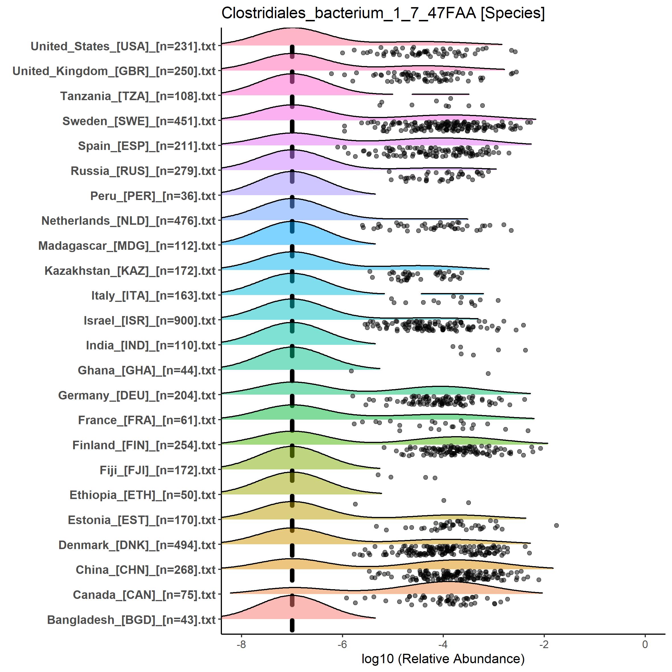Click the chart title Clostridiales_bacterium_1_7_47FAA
(383, 13)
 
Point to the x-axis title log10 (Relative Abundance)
(443, 658)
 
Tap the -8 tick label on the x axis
(241, 644)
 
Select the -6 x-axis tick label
(342, 644)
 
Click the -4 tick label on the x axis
(443, 644)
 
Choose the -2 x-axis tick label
(544, 644)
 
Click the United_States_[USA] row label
(123, 46)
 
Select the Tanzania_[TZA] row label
(138, 96)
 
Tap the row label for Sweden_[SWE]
(139, 121)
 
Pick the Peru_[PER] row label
(153, 196)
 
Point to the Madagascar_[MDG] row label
(127, 246)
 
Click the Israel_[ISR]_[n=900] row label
(150, 320)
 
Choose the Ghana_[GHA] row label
(147, 370)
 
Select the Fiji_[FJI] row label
(158, 470)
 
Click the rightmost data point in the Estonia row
(556, 525)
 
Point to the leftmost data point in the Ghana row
(351, 371)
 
